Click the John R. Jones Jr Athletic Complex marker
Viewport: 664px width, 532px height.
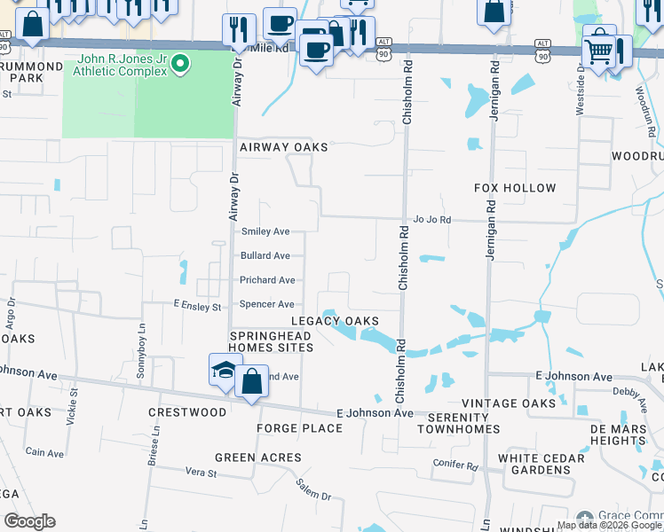click(181, 63)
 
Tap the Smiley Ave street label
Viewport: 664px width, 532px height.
click(265, 231)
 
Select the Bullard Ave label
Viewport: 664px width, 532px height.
click(265, 256)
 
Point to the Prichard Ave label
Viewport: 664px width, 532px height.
click(267, 280)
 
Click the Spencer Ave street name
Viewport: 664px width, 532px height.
click(267, 305)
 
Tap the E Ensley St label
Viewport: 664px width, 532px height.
click(197, 307)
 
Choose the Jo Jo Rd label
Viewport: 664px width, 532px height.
click(432, 219)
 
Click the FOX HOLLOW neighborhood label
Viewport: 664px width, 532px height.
click(515, 188)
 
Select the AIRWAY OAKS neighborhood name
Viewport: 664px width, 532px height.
click(283, 147)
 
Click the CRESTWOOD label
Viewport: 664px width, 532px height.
click(187, 412)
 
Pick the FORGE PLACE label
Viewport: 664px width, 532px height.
click(299, 428)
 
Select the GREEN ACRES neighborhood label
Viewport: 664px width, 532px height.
click(257, 458)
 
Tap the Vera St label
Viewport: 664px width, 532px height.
click(200, 473)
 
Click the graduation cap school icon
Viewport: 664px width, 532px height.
click(225, 370)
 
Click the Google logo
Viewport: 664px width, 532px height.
click(29, 521)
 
